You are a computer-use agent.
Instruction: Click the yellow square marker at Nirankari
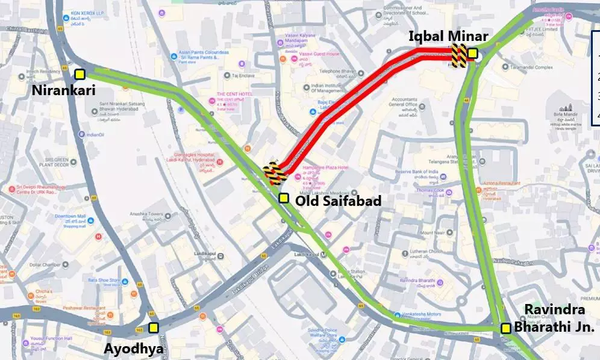pos(80,74)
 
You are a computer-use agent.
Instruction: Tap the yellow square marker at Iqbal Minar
pos(473,54)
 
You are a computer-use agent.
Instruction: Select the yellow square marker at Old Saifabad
pos(283,198)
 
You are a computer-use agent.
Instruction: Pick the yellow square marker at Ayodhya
pos(154,327)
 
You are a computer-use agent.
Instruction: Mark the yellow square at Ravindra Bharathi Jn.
pos(506,328)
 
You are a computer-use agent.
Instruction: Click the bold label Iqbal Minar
pos(448,36)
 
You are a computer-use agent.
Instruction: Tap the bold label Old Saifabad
pos(339,201)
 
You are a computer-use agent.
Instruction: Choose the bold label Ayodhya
pos(133,349)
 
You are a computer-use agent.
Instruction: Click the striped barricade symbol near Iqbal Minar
pos(460,55)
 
